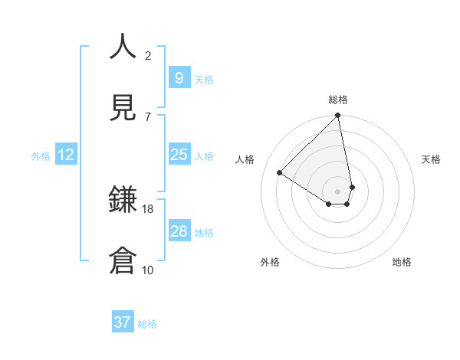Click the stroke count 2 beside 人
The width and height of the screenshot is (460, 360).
click(148, 55)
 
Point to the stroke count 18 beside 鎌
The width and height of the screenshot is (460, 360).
click(148, 208)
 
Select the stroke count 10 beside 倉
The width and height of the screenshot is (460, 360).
click(148, 270)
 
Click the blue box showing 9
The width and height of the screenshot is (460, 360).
click(179, 77)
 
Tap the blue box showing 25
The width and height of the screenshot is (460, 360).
click(179, 155)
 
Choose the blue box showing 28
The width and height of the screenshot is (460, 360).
click(179, 231)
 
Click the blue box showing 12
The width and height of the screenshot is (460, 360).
click(65, 155)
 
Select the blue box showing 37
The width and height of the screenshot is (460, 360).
click(122, 322)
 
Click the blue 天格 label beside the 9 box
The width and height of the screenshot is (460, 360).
click(204, 79)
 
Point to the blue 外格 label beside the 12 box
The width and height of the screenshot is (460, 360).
click(41, 155)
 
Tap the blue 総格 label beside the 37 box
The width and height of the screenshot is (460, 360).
click(147, 324)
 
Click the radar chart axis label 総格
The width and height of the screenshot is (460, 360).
click(338, 99)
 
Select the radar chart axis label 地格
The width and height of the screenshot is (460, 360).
click(402, 262)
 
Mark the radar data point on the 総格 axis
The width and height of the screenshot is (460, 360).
click(338, 116)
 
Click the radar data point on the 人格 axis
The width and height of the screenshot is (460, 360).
click(280, 173)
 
